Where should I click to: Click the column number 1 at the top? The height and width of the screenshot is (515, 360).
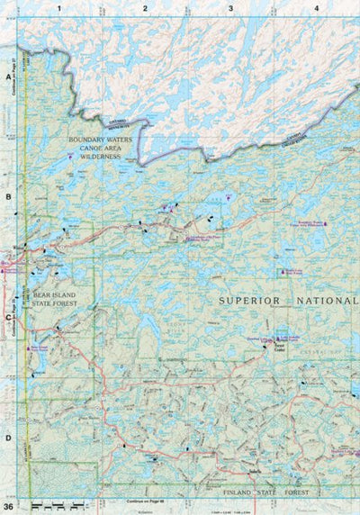[x=58, y=8]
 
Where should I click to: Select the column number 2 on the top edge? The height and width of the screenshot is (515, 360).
[x=144, y=8]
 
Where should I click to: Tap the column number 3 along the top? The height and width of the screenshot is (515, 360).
[x=230, y=8]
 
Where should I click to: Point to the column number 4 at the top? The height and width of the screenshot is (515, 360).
[x=316, y=8]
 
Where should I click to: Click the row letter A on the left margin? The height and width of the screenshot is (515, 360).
[x=7, y=78]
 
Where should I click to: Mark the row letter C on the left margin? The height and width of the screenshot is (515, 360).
[x=7, y=317]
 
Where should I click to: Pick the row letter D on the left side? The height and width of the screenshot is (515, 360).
[x=7, y=438]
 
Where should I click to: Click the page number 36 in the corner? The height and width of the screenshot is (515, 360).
[x=8, y=507]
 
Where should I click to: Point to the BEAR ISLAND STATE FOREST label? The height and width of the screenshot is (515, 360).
[x=53, y=301]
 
